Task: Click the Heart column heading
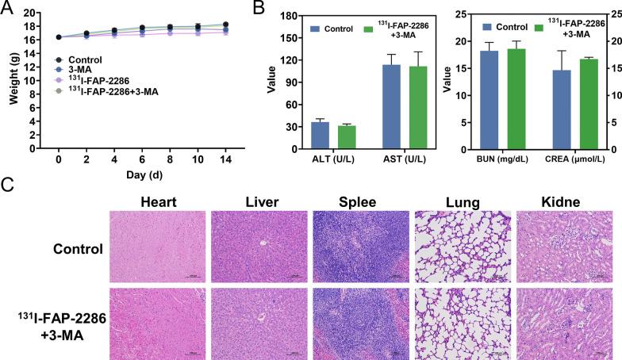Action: click(158, 203)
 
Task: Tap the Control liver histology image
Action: click(257, 247)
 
